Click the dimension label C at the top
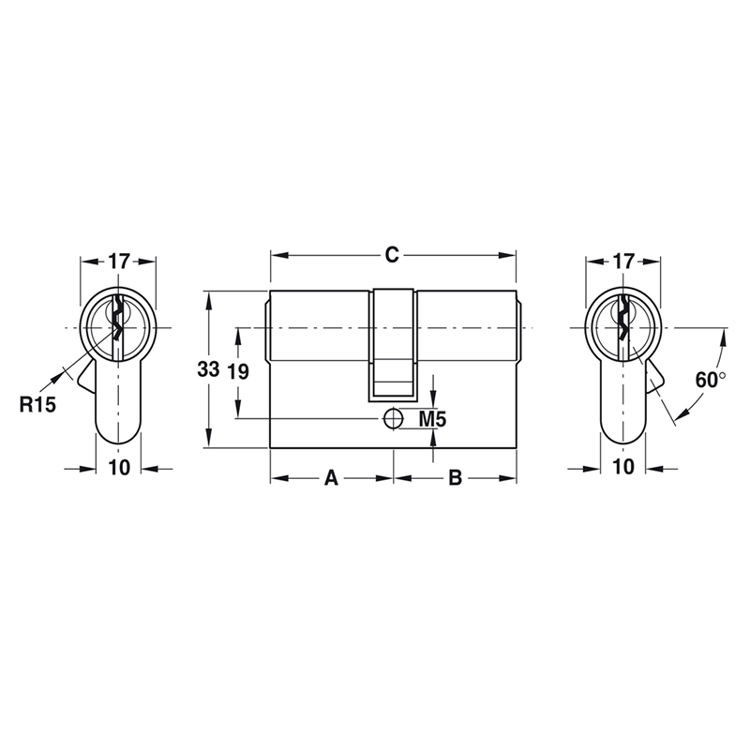(x=393, y=254)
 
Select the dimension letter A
(x=330, y=478)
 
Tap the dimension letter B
(x=454, y=478)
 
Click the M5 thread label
(x=431, y=418)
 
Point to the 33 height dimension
(x=208, y=369)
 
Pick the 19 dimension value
(x=238, y=371)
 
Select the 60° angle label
(x=711, y=380)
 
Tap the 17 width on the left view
(x=118, y=262)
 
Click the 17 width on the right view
(x=623, y=262)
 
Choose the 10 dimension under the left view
(x=118, y=468)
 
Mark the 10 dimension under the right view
(x=623, y=468)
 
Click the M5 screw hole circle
(x=393, y=418)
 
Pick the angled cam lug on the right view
(x=653, y=379)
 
